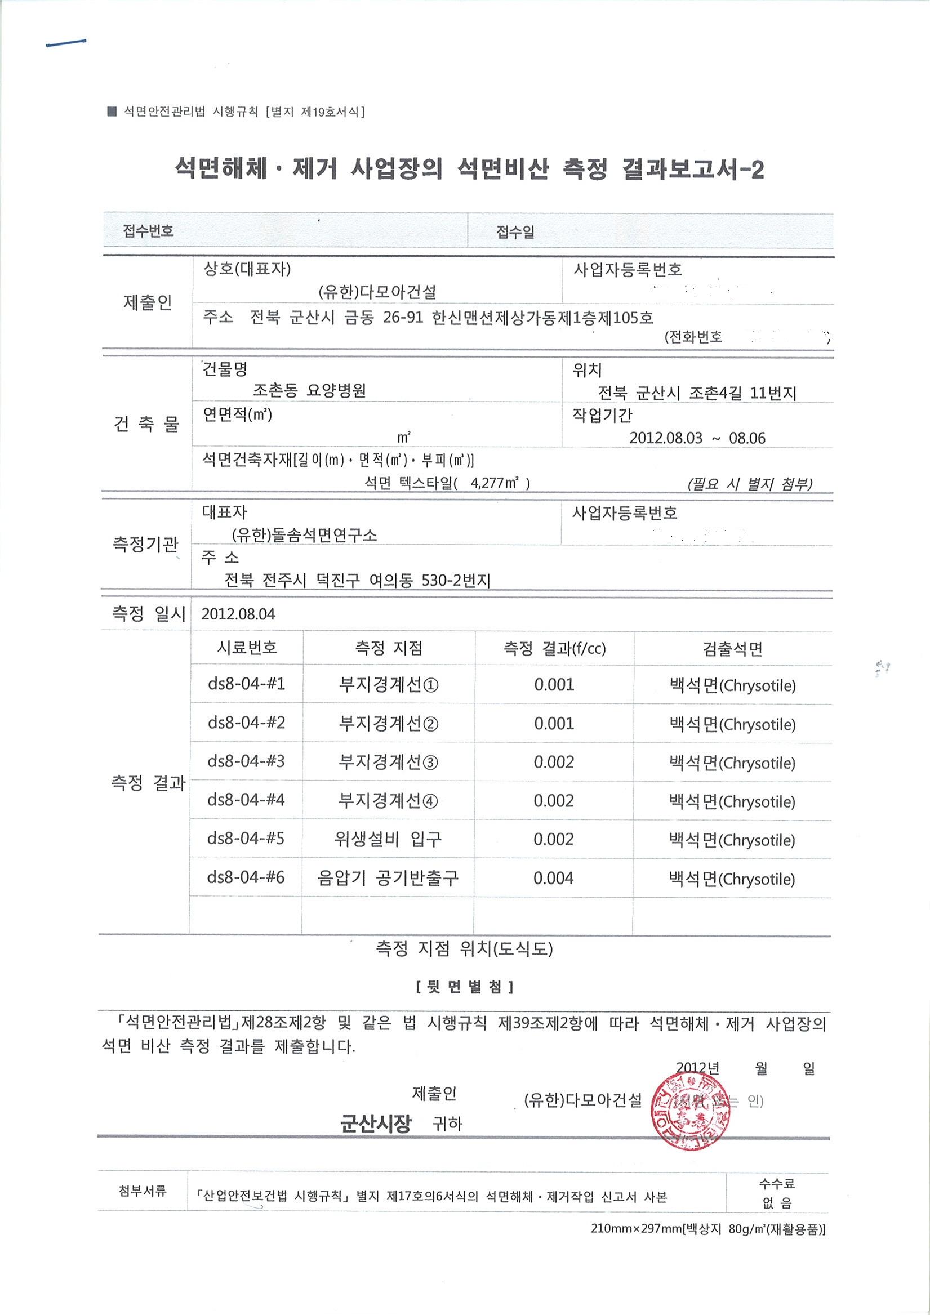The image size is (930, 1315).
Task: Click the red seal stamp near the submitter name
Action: pos(691,1112)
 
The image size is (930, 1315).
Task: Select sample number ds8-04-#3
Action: pos(246,761)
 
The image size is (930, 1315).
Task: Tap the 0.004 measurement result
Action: pos(553,877)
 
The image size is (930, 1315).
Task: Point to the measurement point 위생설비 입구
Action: pos(388,839)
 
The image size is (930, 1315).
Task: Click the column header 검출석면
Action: pos(732,648)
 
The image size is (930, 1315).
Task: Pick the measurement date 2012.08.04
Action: pos(238,614)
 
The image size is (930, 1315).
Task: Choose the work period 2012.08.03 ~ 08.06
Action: pos(697,438)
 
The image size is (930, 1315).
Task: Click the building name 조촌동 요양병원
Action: pos(309,391)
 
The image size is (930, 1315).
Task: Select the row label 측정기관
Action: pos(145,543)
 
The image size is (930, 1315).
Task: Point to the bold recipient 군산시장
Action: pos(376,1124)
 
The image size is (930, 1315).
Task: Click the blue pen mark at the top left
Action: pos(65,43)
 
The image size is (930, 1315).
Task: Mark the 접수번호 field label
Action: pos(148,231)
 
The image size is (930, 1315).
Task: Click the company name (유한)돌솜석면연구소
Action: pos(304,535)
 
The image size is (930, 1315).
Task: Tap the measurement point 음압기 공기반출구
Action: pos(388,877)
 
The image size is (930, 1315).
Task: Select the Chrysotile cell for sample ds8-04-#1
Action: pos(732,685)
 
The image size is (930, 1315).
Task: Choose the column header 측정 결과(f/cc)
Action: pos(554,648)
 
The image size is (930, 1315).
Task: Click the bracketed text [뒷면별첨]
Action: pos(464,986)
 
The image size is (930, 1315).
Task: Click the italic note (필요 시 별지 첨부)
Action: pos(750,484)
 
